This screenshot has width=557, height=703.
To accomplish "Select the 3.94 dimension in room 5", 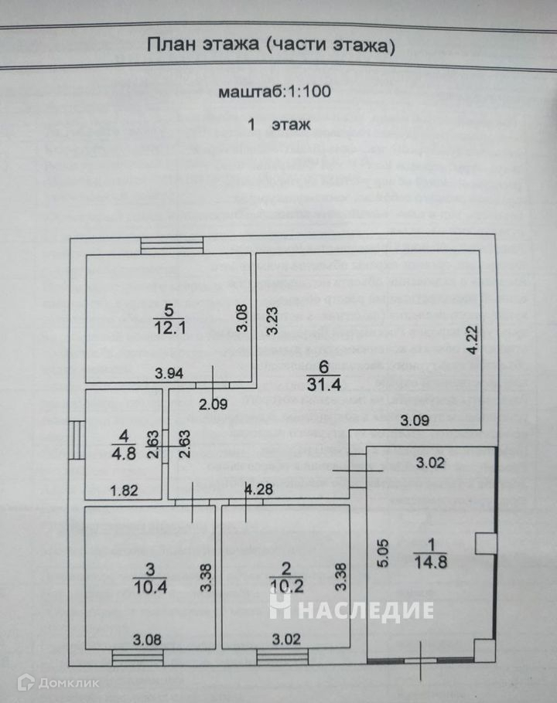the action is click(167, 373).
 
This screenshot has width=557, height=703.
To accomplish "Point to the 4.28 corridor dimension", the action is click(259, 488).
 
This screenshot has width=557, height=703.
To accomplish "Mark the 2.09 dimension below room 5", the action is click(214, 402).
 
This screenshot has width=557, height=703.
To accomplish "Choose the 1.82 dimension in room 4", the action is click(123, 488).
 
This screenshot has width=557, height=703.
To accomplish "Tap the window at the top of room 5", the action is click(171, 243).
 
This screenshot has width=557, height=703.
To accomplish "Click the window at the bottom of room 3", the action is click(133, 657).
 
